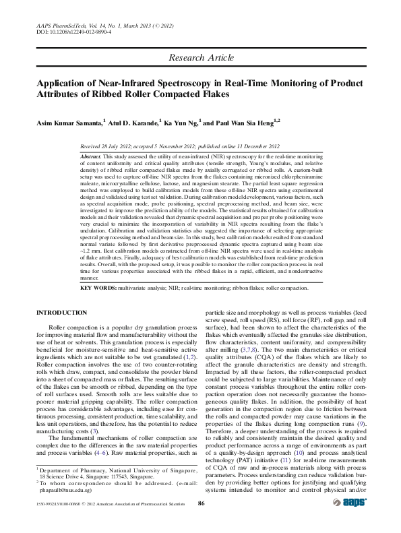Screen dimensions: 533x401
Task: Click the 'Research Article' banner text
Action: [201, 59]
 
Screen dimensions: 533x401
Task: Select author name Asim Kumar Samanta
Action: [69, 123]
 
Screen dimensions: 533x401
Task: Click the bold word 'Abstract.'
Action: [90, 156]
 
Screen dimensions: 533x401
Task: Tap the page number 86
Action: [201, 521]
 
